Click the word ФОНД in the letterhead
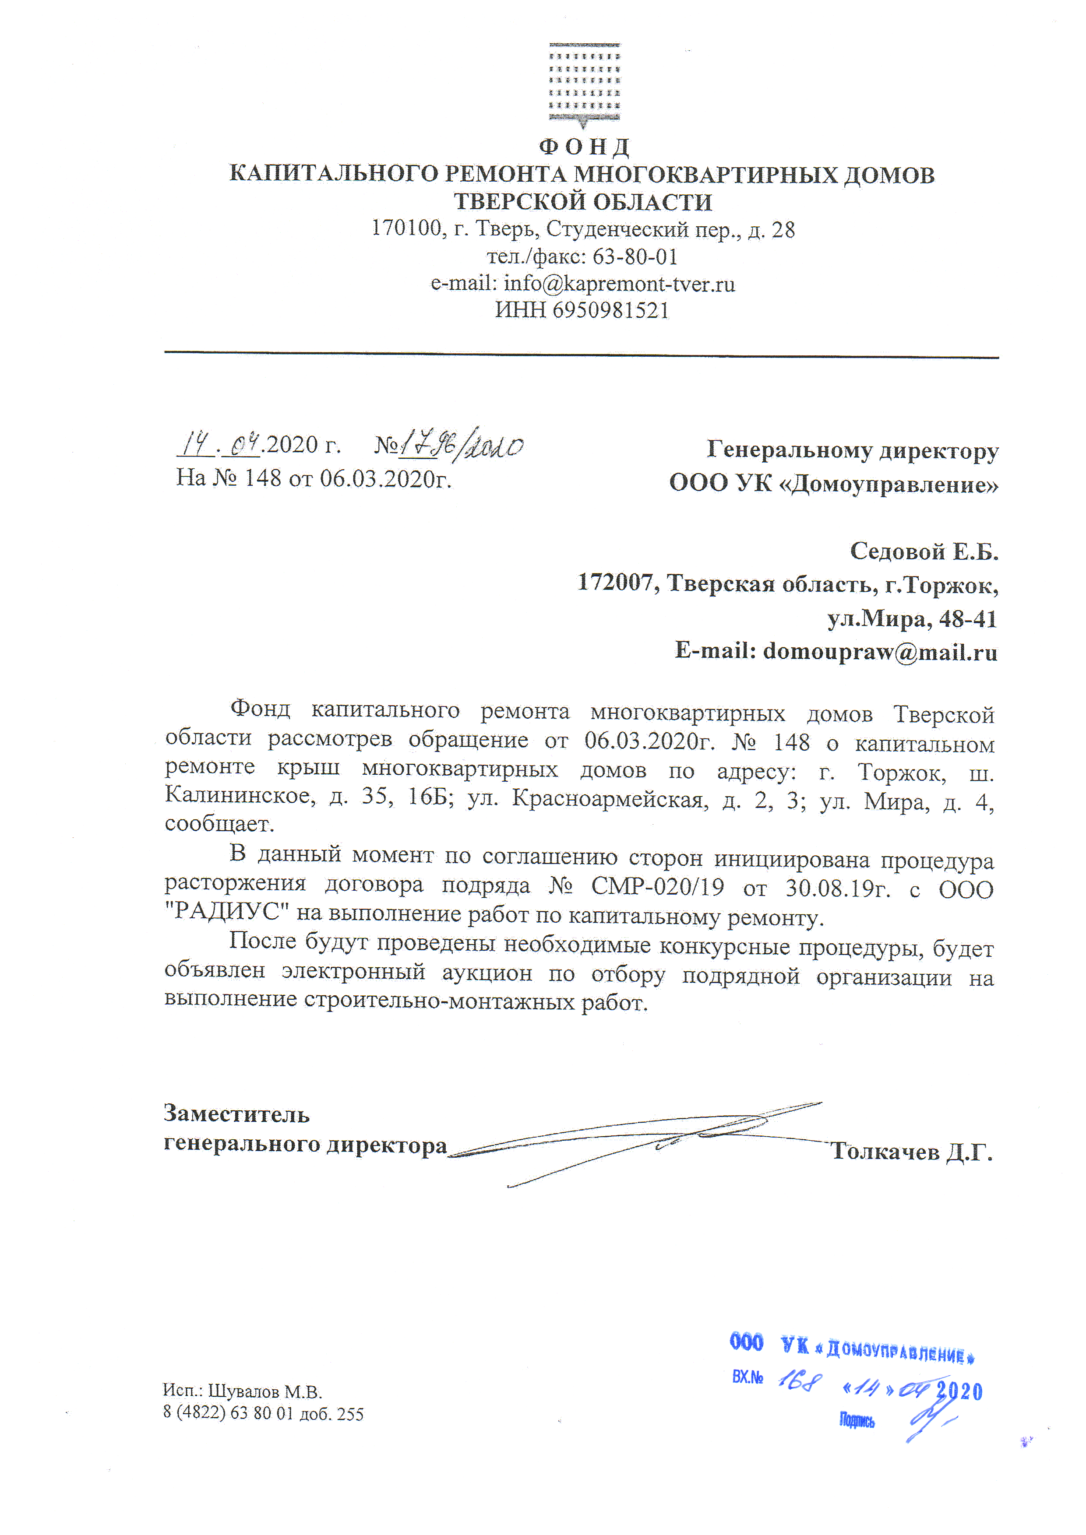click(584, 147)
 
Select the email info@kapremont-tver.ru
click(619, 284)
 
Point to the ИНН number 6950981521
click(610, 310)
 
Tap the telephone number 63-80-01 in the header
click(635, 257)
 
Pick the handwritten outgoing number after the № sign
click(462, 446)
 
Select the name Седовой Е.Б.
click(924, 551)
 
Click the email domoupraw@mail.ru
click(879, 651)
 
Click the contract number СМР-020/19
click(657, 887)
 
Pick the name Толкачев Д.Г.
click(911, 1151)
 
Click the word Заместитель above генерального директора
click(237, 1114)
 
